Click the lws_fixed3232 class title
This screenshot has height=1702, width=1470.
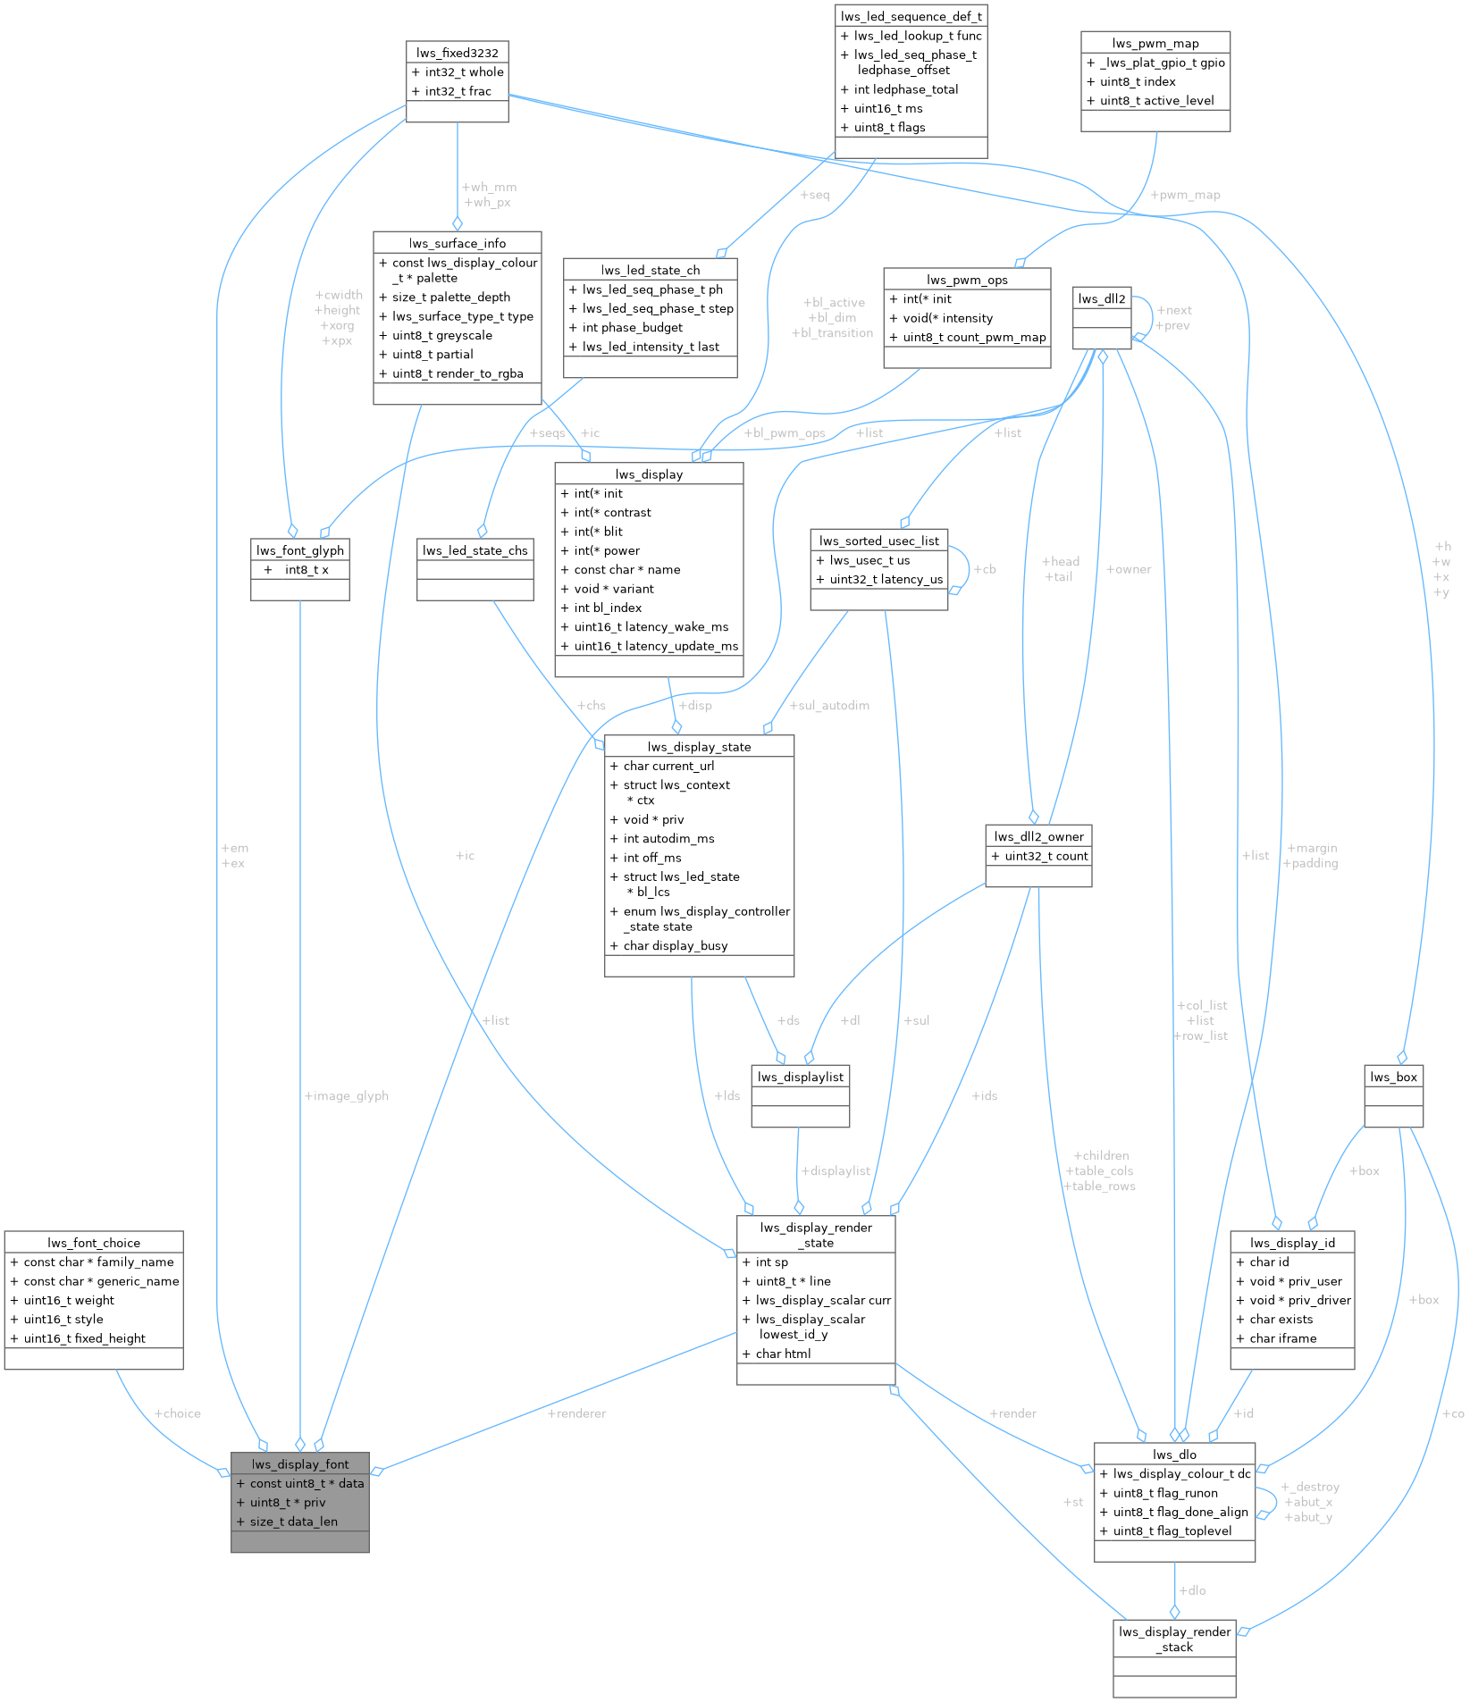pos(457,53)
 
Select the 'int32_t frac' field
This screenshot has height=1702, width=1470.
pos(458,91)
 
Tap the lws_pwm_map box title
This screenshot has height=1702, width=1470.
pos(1155,43)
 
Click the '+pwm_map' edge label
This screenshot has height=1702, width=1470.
pos(1185,195)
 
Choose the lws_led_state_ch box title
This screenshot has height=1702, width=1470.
pos(650,270)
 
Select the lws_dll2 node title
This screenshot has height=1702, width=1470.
pos(1101,298)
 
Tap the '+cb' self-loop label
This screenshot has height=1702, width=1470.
pos(984,568)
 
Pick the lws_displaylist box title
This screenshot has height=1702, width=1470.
pos(800,1077)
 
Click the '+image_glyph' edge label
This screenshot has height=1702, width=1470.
pos(346,1096)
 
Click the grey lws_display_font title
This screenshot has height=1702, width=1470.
pos(299,1463)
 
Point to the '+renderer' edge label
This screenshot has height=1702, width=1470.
pos(576,1413)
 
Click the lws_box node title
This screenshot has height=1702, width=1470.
pos(1393,1077)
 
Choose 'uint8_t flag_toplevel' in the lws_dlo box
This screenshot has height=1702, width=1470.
pos(1172,1530)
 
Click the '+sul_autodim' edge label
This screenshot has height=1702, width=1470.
pos(828,706)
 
